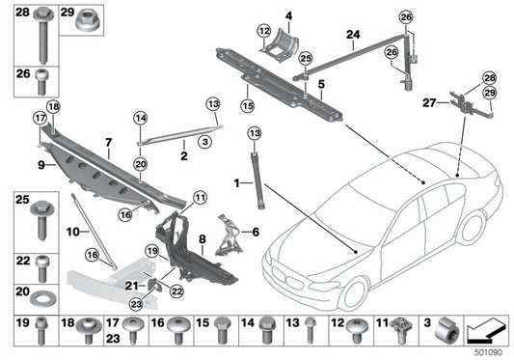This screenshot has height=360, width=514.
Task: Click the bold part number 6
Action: click(x=257, y=231)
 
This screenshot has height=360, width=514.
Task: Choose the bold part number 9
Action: click(x=41, y=165)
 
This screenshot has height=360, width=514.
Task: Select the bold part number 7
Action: click(x=110, y=140)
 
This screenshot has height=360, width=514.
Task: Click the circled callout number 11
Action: click(x=200, y=198)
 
